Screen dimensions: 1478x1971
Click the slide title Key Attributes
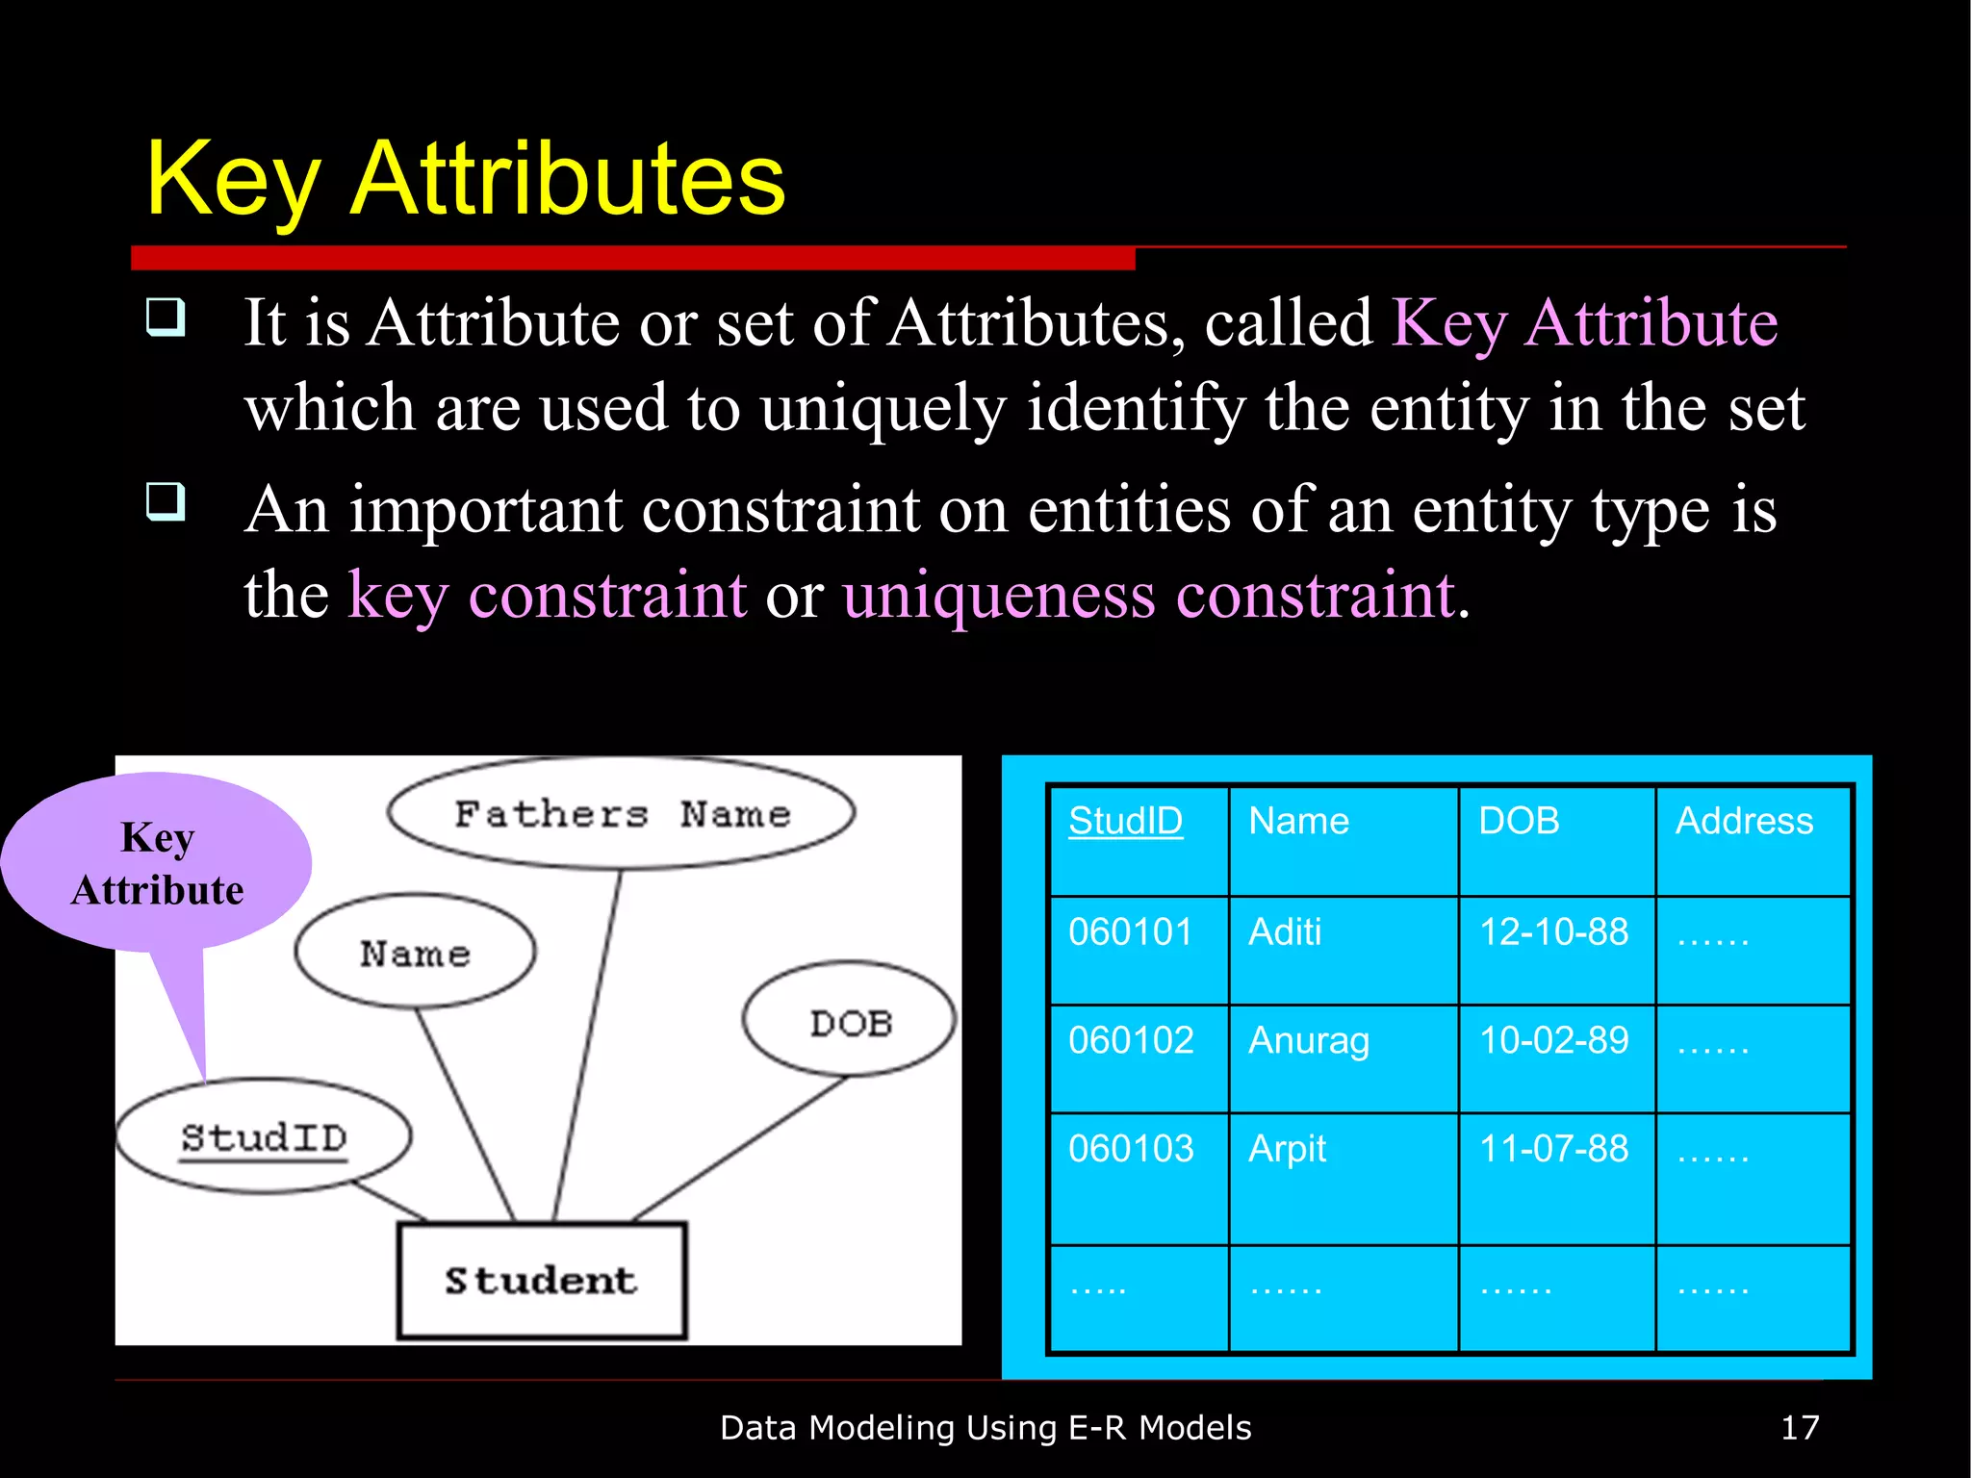[465, 180]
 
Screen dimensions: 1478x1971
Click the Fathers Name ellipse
[621, 814]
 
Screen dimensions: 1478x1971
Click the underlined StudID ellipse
[264, 1137]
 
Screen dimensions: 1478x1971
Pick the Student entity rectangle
[542, 1281]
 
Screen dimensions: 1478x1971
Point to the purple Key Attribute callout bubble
[157, 863]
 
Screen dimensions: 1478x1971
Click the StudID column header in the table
[1125, 821]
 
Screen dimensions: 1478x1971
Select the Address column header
[1744, 821]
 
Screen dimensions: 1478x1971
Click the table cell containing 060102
[1131, 1040]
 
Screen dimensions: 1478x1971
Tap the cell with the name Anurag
[1308, 1040]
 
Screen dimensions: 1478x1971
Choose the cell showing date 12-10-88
[1553, 931]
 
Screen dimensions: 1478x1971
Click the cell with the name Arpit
[1287, 1149]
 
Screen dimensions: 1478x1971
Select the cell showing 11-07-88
[1553, 1149]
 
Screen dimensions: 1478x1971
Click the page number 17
[1799, 1427]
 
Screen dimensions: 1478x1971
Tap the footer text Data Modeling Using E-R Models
[985, 1427]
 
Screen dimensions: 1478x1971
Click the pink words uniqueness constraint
[1149, 595]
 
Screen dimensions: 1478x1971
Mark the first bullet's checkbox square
[166, 317]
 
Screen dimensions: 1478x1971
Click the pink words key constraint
[547, 595]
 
